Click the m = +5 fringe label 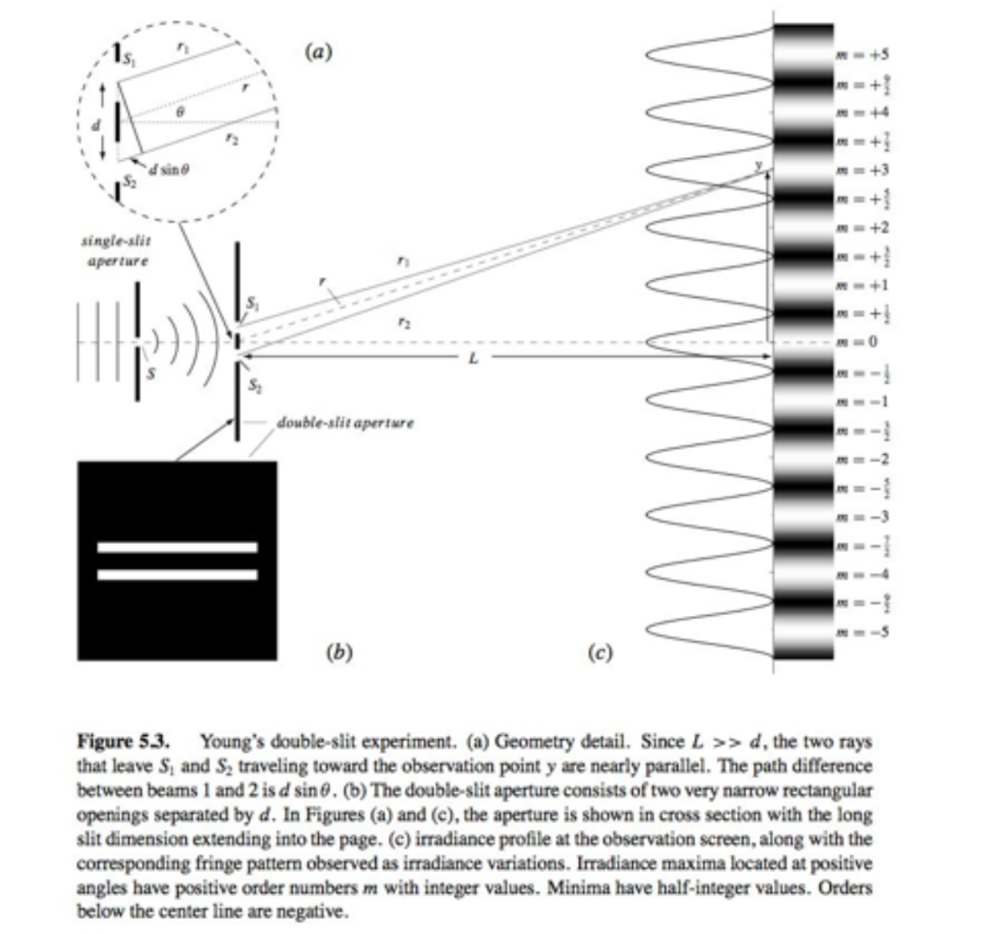tap(857, 55)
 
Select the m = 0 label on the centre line tap(858, 342)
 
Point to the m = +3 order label tap(857, 171)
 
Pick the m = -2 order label tap(857, 459)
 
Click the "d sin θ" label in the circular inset tap(170, 170)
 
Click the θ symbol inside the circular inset tap(178, 113)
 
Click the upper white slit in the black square tap(177, 548)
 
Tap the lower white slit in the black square tap(177, 574)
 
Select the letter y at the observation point tap(761, 165)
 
